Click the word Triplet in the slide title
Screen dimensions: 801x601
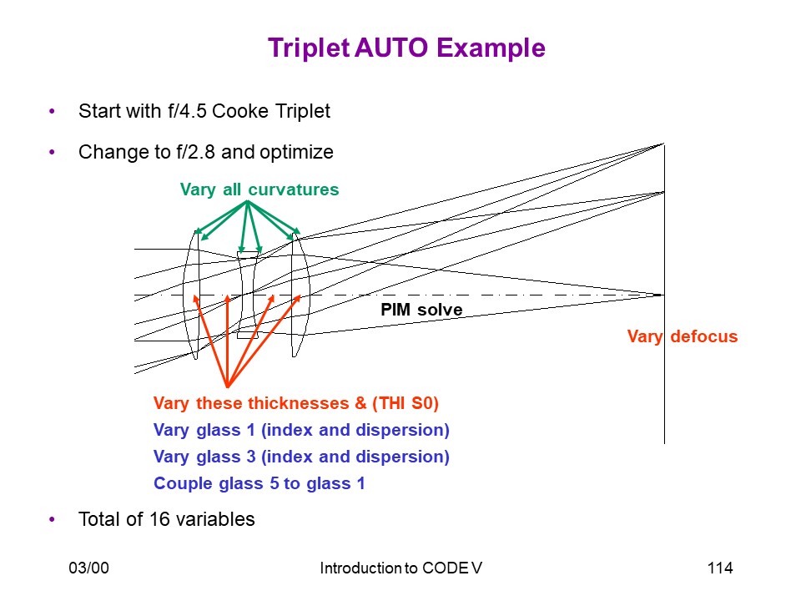pos(308,48)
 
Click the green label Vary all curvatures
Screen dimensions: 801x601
pos(259,189)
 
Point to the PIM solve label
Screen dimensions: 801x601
pos(421,309)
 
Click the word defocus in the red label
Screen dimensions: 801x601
pos(704,336)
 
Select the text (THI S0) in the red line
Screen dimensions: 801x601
pos(406,403)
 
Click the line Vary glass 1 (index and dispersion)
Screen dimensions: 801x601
pos(301,430)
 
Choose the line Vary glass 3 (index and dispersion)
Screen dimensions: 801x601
pos(301,457)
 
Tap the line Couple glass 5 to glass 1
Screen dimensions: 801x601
pos(259,483)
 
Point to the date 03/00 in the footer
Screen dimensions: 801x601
pos(89,568)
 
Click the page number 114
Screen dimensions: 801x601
pos(720,568)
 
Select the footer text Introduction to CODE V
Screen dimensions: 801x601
pos(401,568)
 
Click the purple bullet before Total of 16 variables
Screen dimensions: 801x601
pos(52,520)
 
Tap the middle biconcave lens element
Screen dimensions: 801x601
pos(248,295)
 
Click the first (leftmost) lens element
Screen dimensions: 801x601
pos(192,295)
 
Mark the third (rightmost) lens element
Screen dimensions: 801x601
pos(300,295)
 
